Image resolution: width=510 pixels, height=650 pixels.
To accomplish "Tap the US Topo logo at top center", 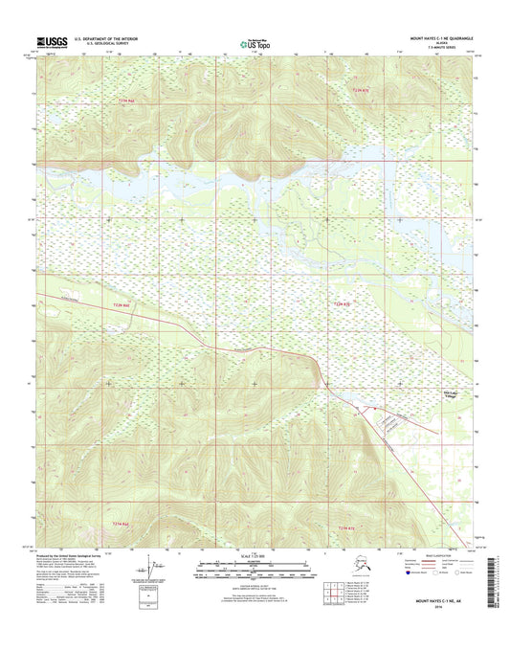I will pyautogui.click(x=255, y=41).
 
